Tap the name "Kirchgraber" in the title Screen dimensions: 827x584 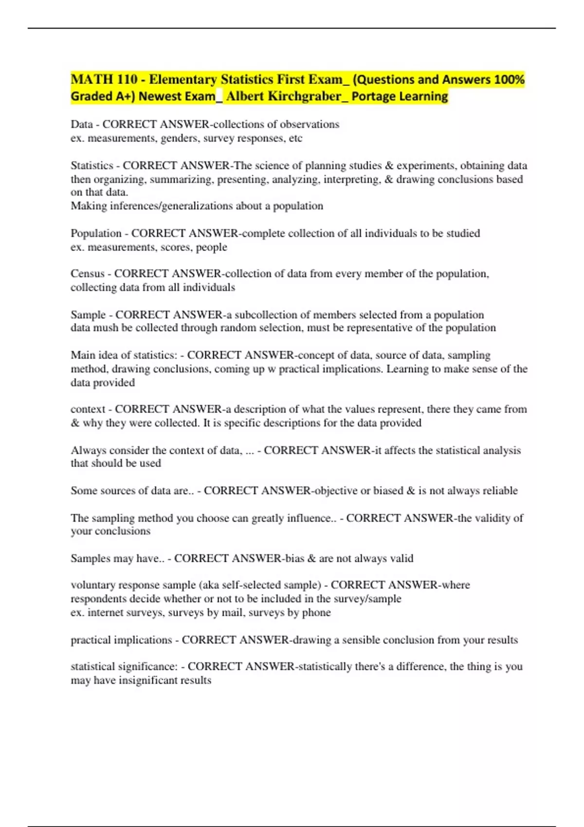pos(304,96)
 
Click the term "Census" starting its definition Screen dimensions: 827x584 pos(88,274)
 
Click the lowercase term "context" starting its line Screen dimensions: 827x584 pos(88,409)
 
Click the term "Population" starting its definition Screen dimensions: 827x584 pos(96,234)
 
